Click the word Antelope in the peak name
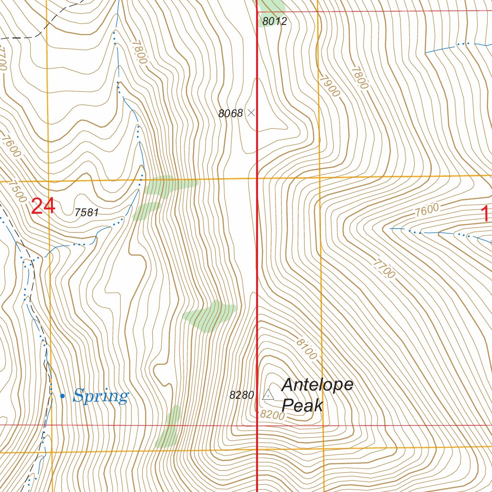[x=317, y=385]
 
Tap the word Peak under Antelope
[x=302, y=406]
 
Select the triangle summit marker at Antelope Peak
[x=268, y=395]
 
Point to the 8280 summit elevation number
[x=241, y=395]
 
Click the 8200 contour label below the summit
[x=272, y=415]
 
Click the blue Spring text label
[x=101, y=396]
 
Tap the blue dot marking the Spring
[x=62, y=395]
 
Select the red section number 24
[x=43, y=207]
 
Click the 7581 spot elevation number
[x=86, y=212]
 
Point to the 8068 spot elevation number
[x=231, y=113]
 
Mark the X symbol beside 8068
[x=251, y=113]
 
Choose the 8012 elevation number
[x=275, y=21]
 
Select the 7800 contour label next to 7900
[x=359, y=77]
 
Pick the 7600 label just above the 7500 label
[x=10, y=147]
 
